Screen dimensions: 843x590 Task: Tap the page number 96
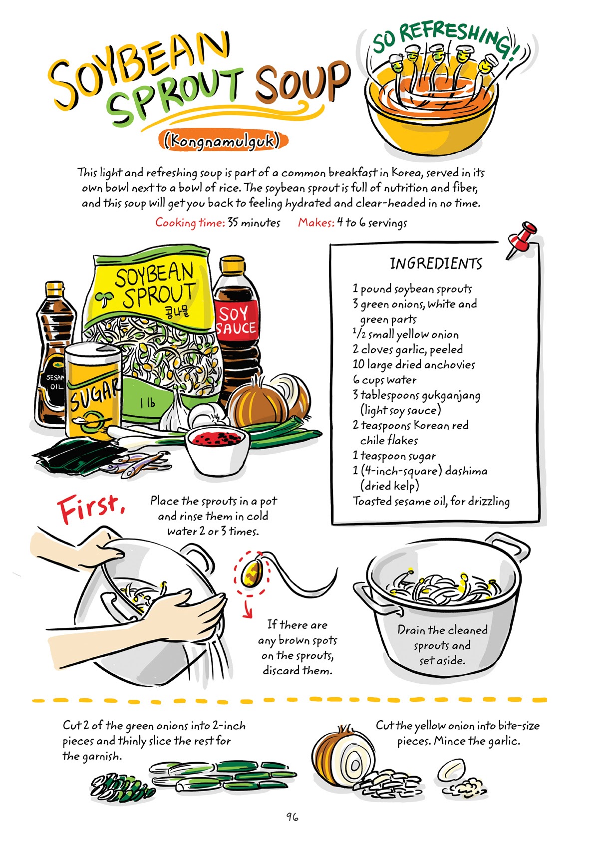point(292,817)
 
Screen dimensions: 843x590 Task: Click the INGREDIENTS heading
point(436,264)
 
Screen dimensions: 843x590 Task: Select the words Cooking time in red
point(189,223)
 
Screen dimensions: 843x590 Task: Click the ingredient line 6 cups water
point(384,380)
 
